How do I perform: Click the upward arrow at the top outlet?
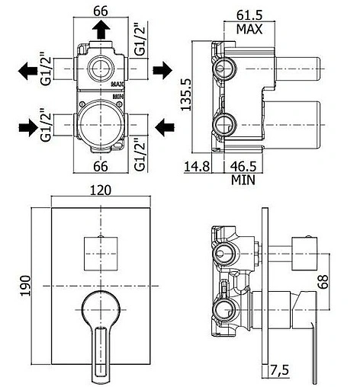click(x=101, y=29)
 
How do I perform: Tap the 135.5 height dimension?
click(x=186, y=94)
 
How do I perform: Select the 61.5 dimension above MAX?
click(x=249, y=16)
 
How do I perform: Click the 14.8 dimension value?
click(x=197, y=166)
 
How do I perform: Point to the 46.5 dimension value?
click(x=243, y=166)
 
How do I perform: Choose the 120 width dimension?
click(x=101, y=190)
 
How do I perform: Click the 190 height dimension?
click(x=26, y=286)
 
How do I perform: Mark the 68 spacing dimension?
click(x=323, y=281)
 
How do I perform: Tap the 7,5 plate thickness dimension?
click(x=279, y=371)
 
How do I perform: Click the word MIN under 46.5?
click(x=243, y=180)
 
